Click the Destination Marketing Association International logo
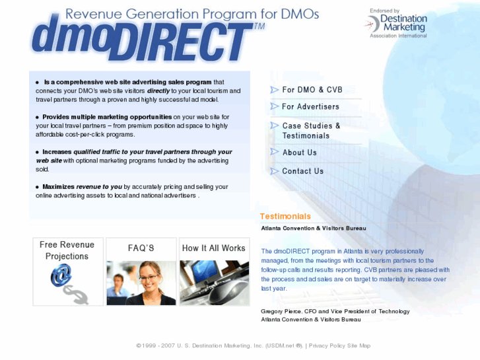[397, 24]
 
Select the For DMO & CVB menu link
[312, 90]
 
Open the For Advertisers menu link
[310, 106]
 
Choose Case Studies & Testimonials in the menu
[311, 130]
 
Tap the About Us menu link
[299, 153]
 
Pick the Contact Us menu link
[302, 171]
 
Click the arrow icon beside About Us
[275, 153]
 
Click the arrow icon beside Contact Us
[275, 171]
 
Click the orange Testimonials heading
[285, 216]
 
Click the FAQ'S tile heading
[141, 248]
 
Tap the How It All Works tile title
[213, 248]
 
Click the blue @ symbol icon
[61, 274]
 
